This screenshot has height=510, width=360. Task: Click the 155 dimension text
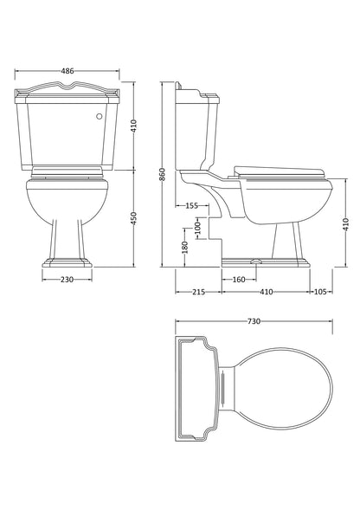point(191,206)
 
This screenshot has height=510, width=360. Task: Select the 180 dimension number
point(184,248)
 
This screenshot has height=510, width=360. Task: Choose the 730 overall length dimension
point(254,321)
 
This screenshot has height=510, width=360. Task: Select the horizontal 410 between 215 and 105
point(267,293)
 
